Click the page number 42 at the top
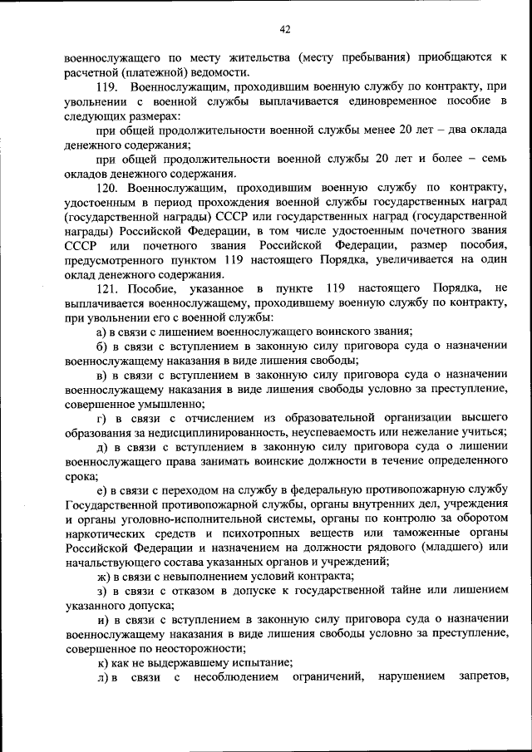tap(285, 30)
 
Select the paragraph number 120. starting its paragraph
tap(108, 189)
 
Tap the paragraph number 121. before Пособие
tap(108, 288)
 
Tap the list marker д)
tap(102, 447)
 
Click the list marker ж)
tap(104, 576)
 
